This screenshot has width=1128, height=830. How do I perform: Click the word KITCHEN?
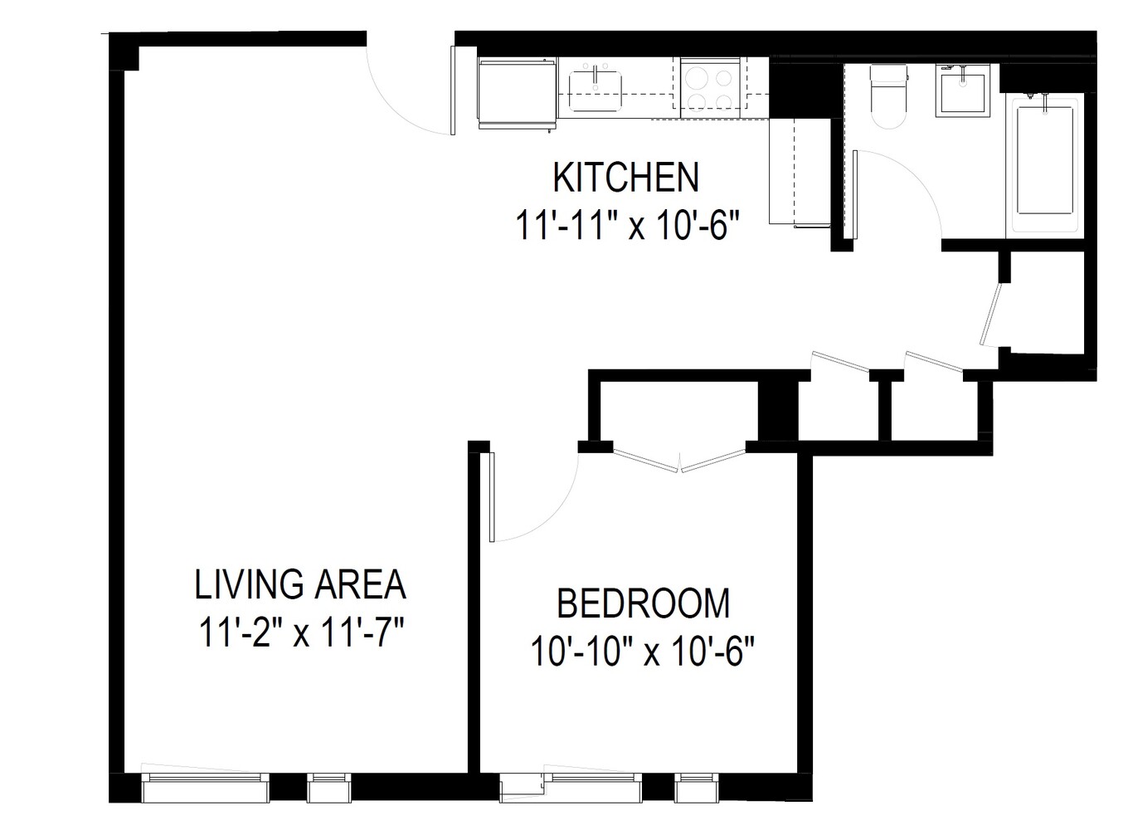(625, 178)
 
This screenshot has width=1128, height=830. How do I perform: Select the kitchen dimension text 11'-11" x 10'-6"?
(627, 225)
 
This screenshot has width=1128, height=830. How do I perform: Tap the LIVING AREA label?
(300, 584)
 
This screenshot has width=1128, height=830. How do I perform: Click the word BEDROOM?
(643, 603)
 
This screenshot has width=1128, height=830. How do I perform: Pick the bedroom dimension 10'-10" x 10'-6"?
(643, 652)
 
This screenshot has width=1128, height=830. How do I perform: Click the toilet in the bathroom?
(889, 96)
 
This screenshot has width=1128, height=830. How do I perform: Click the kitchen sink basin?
(595, 90)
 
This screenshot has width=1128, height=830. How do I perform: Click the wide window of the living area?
(206, 787)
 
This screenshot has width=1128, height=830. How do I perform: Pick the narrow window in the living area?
(330, 787)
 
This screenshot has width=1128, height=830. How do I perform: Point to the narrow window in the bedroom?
(694, 787)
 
